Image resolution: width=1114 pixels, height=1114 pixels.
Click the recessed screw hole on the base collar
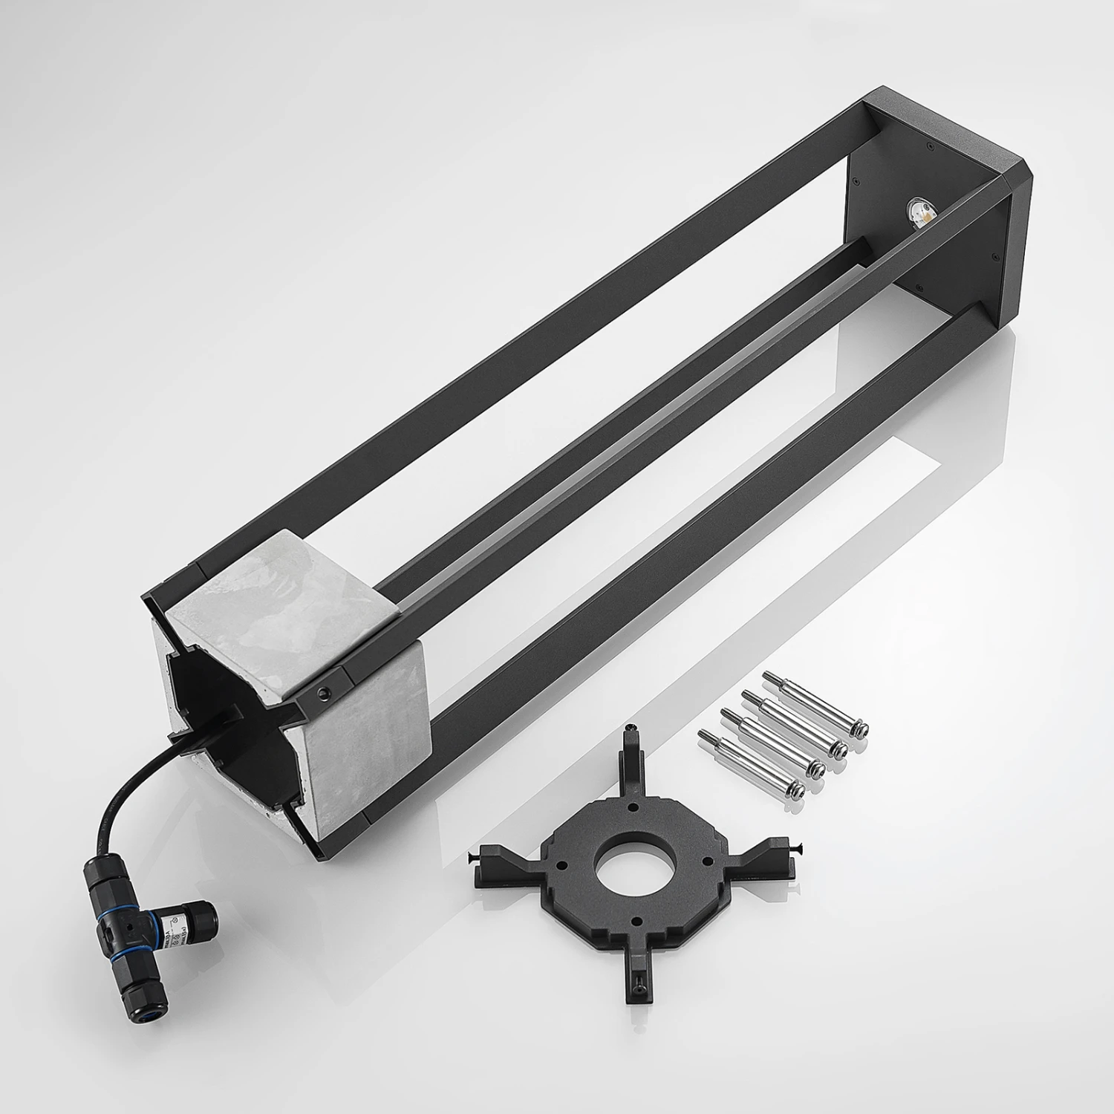(x=323, y=693)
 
